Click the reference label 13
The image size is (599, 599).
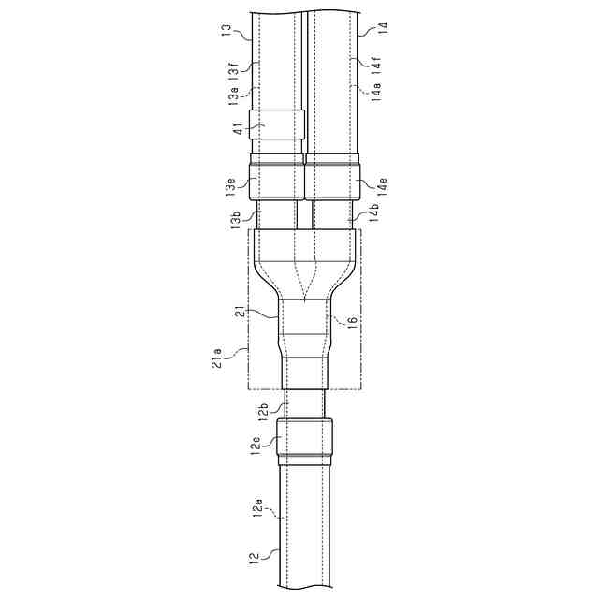point(226,30)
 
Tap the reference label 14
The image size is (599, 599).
point(383,28)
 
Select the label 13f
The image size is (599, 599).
point(234,69)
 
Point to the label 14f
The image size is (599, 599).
point(377,65)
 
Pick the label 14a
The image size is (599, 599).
point(376,92)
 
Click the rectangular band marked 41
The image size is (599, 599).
point(277,124)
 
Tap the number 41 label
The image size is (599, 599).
point(239,128)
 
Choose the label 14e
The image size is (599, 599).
point(382,186)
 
